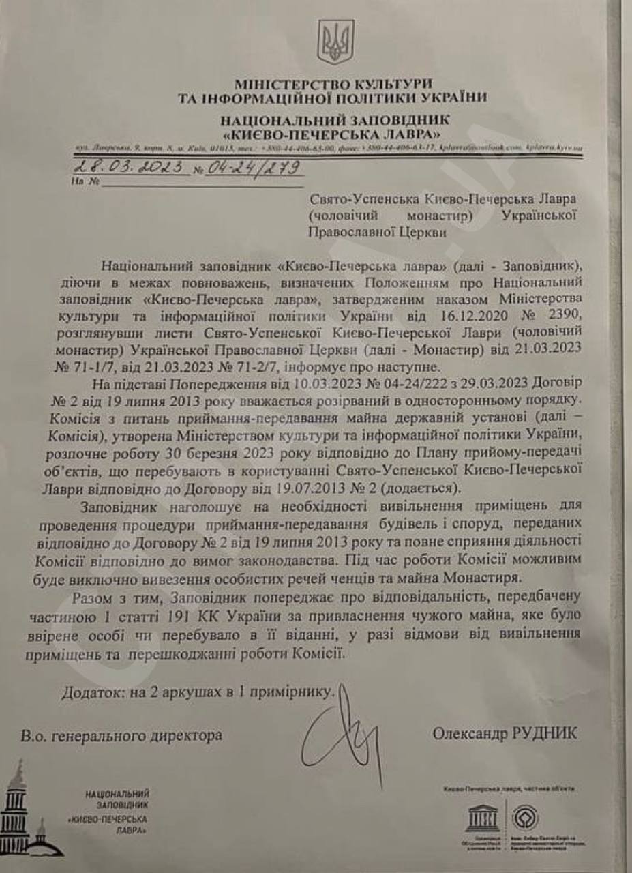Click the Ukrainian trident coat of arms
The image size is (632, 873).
335,42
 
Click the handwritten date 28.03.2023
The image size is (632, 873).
129,167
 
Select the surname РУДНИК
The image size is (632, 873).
543,734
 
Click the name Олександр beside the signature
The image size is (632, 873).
468,734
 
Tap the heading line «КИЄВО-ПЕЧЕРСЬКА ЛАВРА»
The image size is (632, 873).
332,134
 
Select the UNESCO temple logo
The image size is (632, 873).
483,816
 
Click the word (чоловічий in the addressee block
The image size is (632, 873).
346,215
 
